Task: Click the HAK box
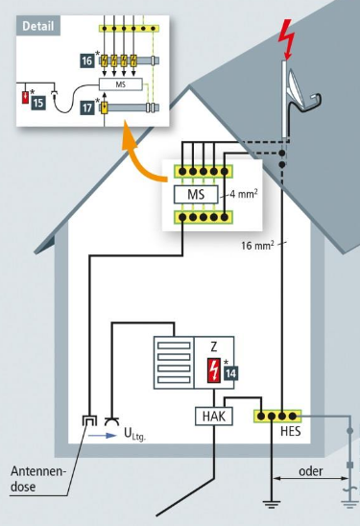(214, 417)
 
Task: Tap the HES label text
(291, 431)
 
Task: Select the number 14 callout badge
(231, 373)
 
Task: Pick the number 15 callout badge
(38, 103)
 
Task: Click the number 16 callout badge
(87, 60)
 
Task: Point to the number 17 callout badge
(87, 108)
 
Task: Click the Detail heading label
(37, 26)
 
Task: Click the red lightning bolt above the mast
(286, 38)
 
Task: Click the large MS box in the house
(196, 195)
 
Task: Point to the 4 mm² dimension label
(244, 194)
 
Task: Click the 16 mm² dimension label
(257, 245)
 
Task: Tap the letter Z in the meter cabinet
(214, 347)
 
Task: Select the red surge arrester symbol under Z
(214, 371)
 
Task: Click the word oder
(311, 471)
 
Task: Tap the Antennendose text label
(36, 479)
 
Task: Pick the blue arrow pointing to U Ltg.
(103, 436)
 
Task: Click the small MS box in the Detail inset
(120, 84)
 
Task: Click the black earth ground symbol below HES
(272, 503)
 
